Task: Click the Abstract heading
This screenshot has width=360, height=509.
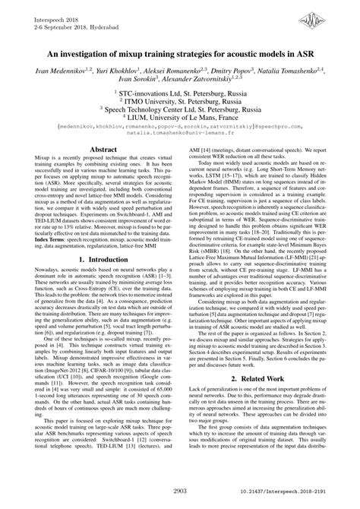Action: (103, 173)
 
